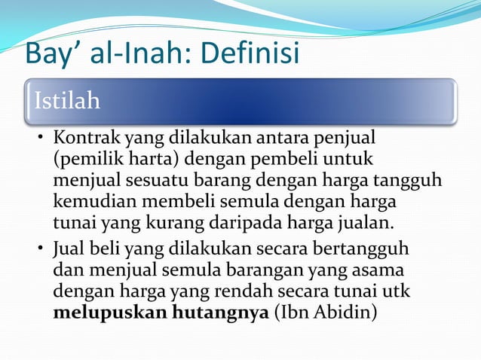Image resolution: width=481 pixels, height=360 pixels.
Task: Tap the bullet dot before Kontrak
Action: [43, 140]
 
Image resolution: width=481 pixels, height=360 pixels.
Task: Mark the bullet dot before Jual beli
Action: [43, 249]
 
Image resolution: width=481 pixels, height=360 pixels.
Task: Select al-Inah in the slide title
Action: [135, 53]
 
